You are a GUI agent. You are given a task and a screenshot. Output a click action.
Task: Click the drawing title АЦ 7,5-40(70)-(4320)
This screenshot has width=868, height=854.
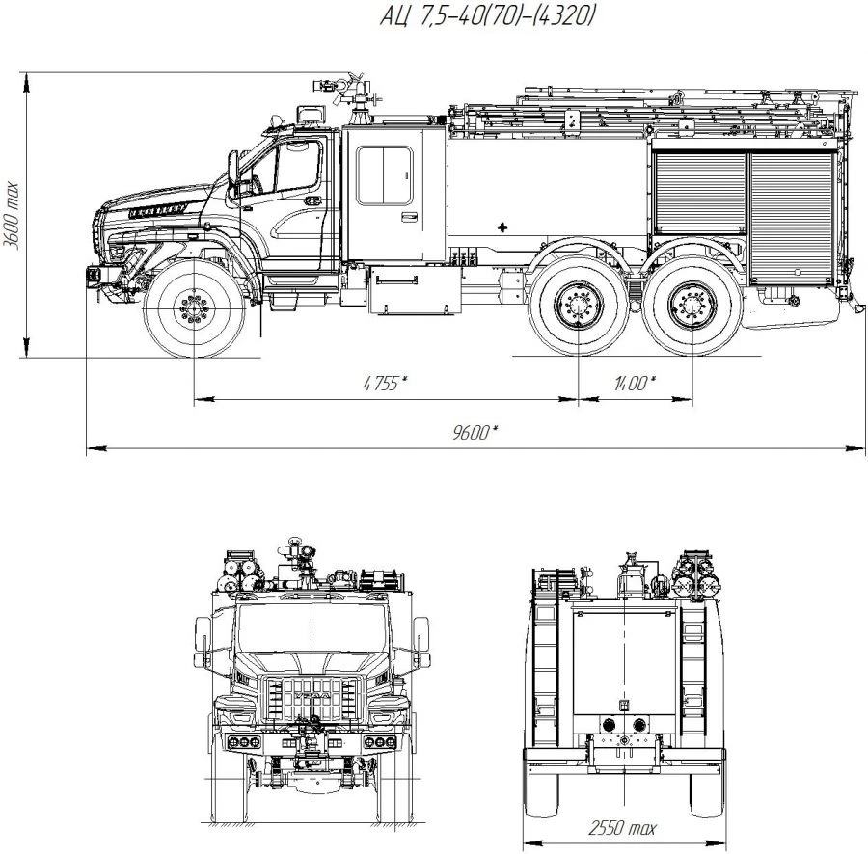pos(487,15)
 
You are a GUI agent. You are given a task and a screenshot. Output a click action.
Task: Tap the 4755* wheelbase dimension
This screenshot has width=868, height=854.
pos(385,383)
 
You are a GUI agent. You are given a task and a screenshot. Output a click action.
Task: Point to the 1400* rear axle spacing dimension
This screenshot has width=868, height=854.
pos(635,383)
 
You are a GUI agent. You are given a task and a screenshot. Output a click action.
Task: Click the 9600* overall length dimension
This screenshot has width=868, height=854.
pos(475,432)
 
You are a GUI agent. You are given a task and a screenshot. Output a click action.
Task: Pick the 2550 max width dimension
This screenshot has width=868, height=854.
pos(622,828)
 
